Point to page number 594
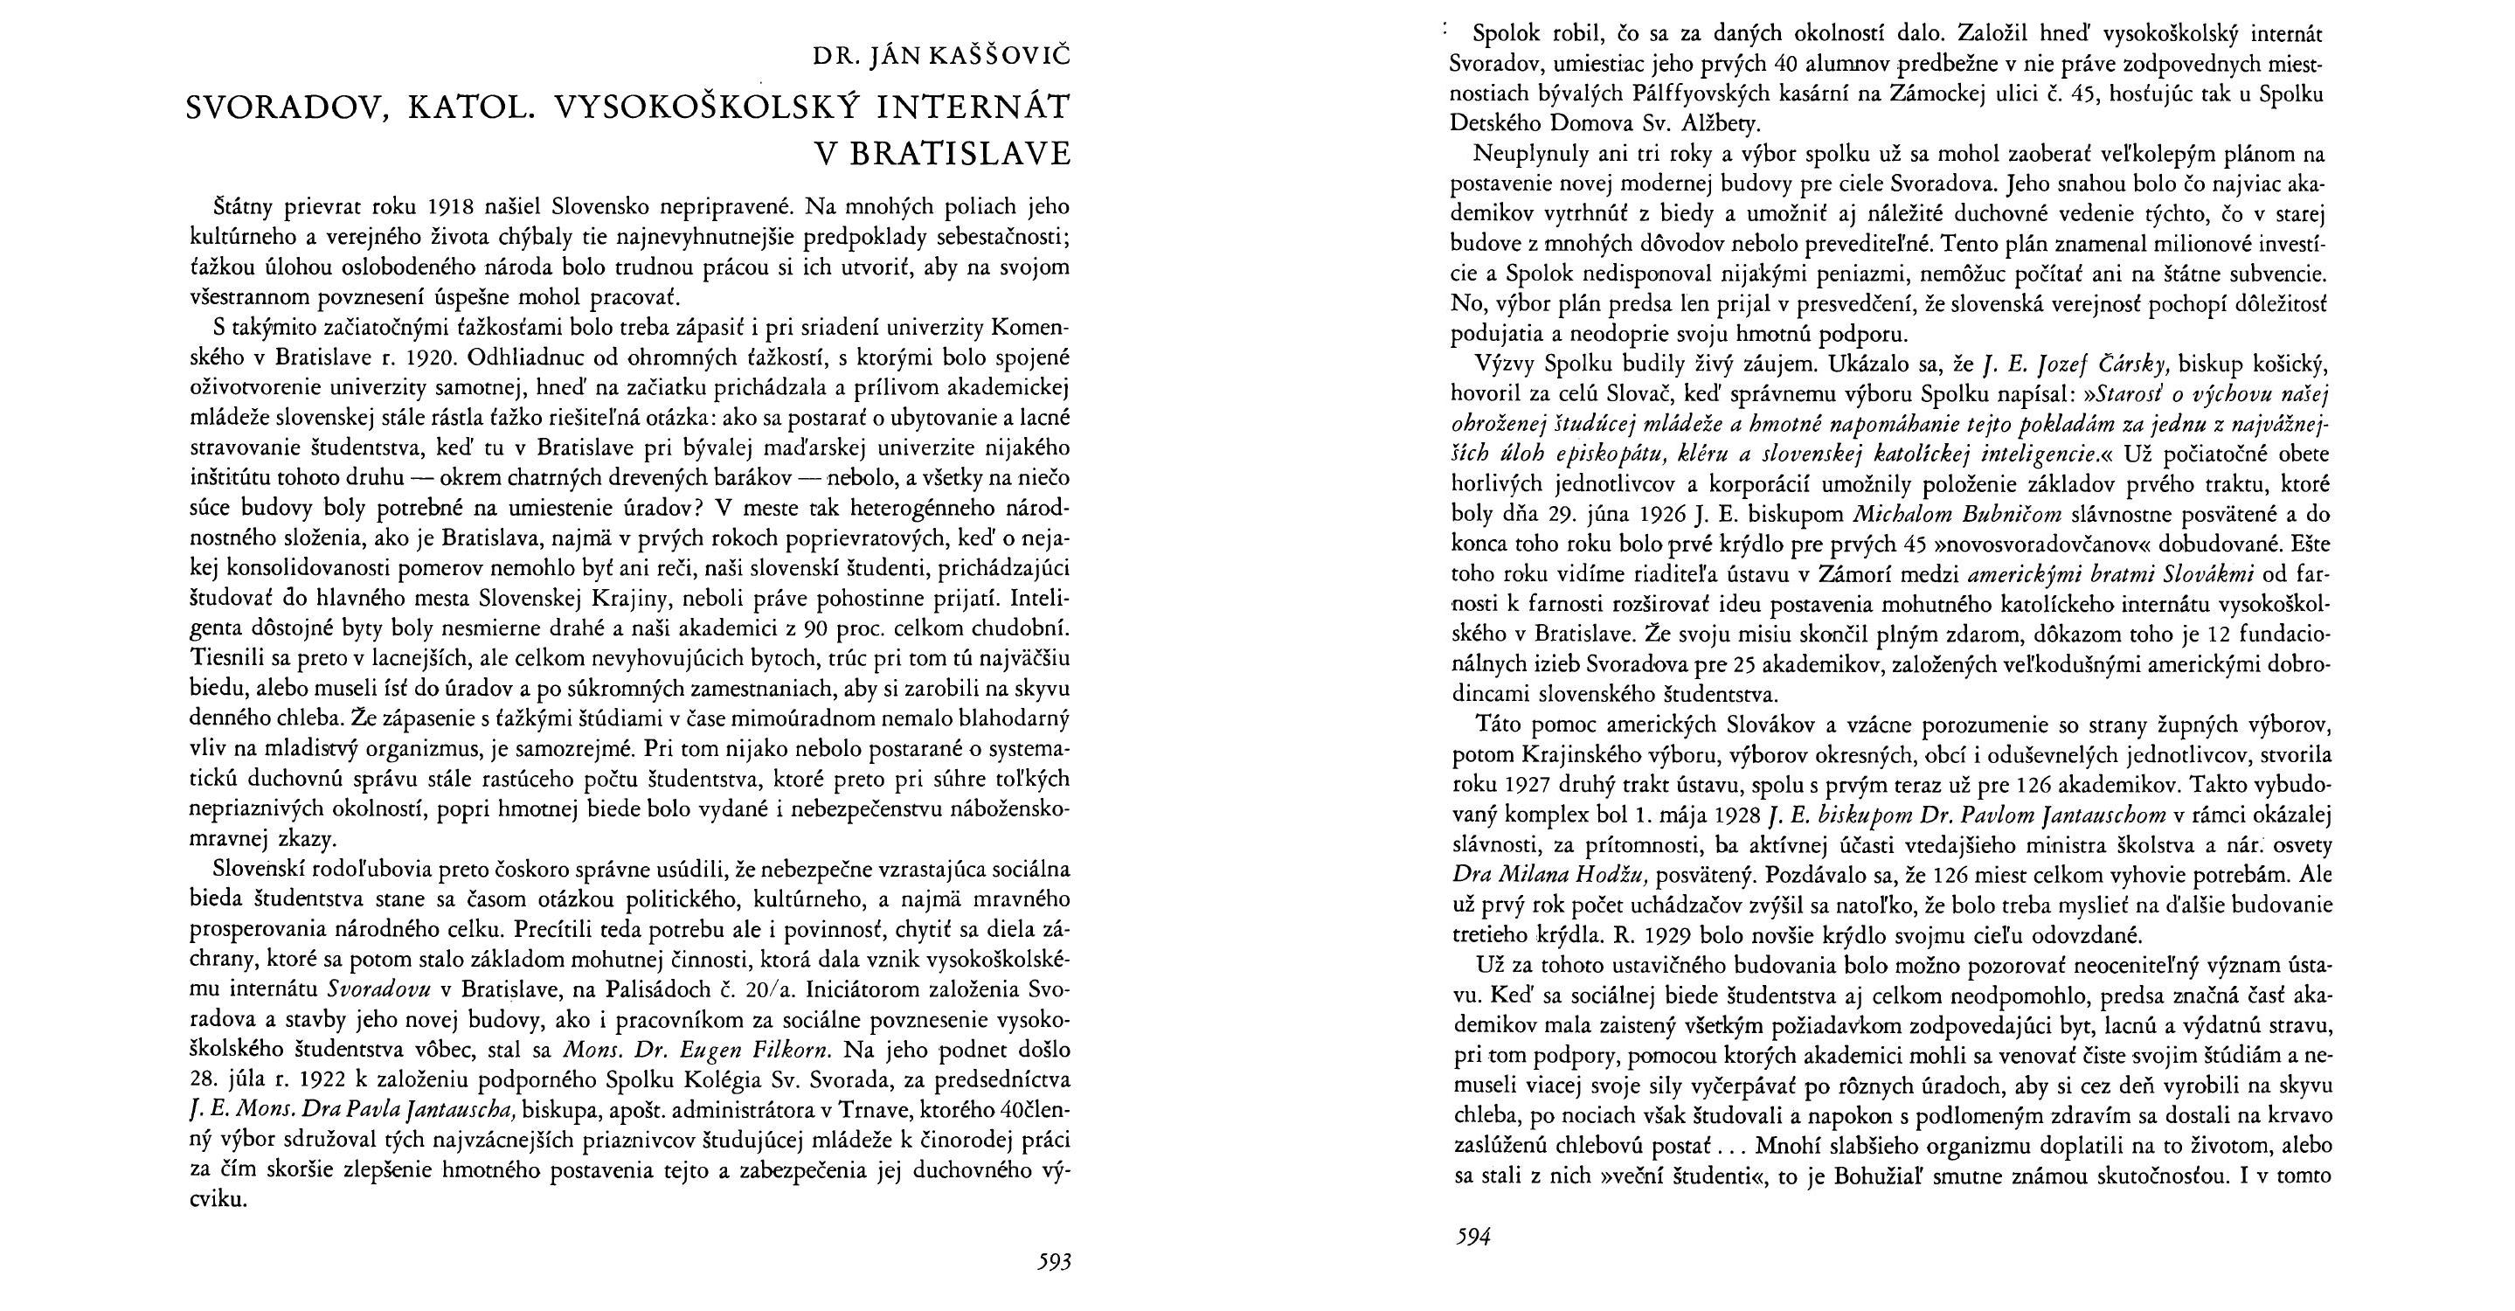[x=1472, y=1238]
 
